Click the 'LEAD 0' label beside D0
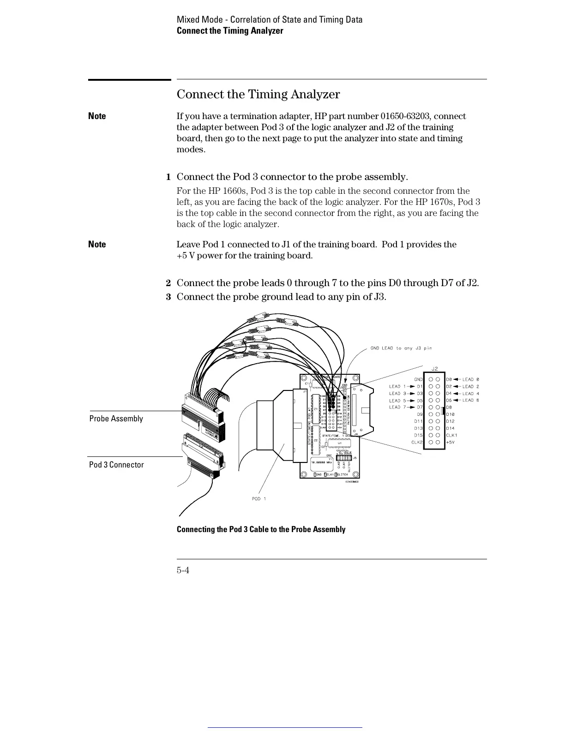(x=471, y=379)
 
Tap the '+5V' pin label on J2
(x=450, y=442)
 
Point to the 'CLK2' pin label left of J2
(x=417, y=442)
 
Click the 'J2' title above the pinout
(x=434, y=369)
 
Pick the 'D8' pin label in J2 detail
(x=449, y=407)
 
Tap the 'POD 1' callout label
(x=259, y=498)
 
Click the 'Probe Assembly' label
(x=116, y=419)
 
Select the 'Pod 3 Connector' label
(x=116, y=465)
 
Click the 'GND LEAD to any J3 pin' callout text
(x=401, y=348)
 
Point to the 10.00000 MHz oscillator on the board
(x=323, y=462)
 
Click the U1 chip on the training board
(x=339, y=443)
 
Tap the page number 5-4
(x=183, y=570)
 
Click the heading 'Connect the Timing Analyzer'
(x=258, y=94)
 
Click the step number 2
(x=168, y=283)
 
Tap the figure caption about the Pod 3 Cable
(x=261, y=529)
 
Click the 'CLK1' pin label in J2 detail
(x=451, y=435)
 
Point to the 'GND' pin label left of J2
(x=418, y=379)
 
